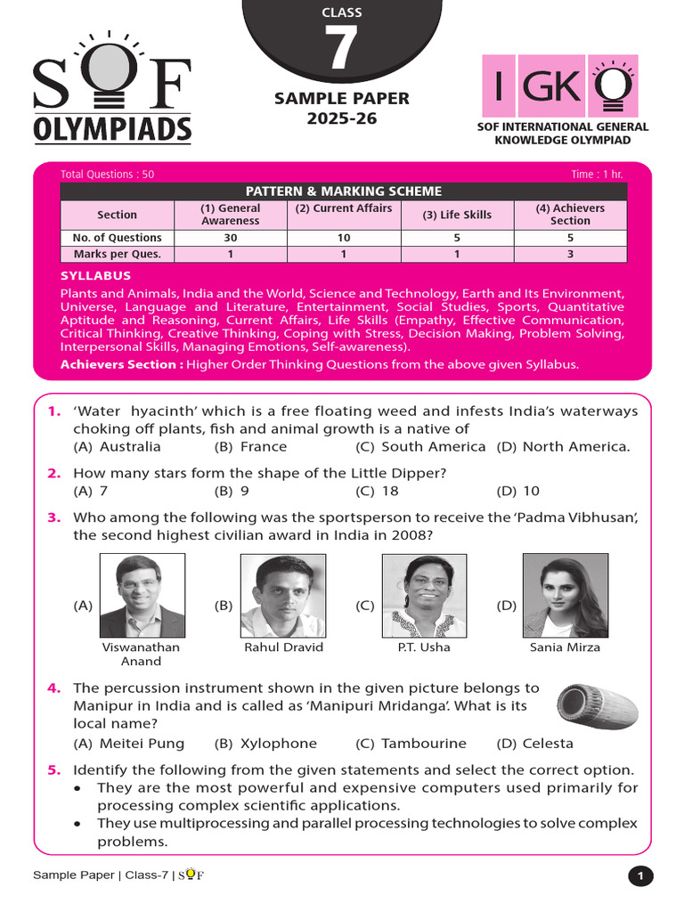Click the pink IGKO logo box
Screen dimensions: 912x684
coord(558,86)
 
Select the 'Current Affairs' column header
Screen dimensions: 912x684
coord(344,208)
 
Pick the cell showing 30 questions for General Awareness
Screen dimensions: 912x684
coord(231,238)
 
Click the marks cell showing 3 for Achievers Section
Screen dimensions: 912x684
coord(570,254)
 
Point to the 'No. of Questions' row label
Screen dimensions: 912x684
coord(117,238)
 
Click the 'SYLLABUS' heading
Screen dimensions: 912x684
coord(95,276)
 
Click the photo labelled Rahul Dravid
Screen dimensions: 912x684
coord(283,595)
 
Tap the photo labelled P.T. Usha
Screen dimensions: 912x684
coord(424,595)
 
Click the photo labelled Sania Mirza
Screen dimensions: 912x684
coord(565,595)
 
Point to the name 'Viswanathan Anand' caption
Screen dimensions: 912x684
coord(141,655)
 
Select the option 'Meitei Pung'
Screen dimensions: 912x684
coord(129,744)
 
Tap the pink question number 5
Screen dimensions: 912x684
coord(53,770)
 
